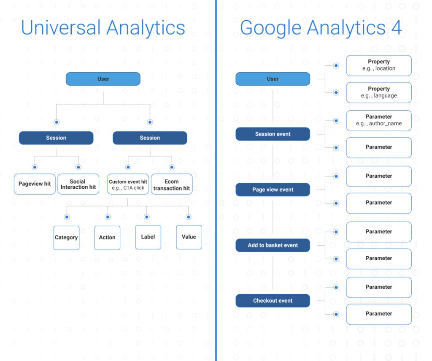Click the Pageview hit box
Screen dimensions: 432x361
35,184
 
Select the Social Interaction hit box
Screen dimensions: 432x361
78,184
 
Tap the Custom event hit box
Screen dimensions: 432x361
128,184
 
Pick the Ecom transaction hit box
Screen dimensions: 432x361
172,184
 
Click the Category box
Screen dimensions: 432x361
66,238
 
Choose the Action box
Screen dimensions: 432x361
107,238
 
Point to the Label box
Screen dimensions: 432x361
148,237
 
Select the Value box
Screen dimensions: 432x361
189,237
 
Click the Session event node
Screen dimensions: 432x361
273,134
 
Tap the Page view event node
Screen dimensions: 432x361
273,190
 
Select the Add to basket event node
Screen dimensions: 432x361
273,245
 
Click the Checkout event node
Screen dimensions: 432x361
273,301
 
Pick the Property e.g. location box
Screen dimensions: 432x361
379,65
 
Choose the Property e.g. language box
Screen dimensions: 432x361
379,92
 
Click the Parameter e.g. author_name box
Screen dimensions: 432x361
379,120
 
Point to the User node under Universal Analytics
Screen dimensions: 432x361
103,79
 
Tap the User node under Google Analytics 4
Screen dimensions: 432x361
273,79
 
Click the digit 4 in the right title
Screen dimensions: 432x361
396,27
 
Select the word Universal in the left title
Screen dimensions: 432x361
61,27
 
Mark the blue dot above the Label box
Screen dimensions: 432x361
147,217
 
